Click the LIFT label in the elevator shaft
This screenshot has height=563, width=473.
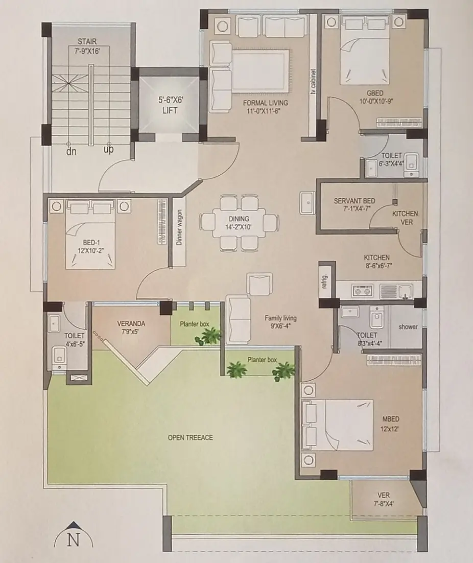coord(170,110)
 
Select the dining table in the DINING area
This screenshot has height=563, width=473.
coord(239,223)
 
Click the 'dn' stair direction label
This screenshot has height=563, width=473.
coord(71,152)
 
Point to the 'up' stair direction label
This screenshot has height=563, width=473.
coord(108,149)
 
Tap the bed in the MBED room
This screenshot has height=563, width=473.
coord(337,425)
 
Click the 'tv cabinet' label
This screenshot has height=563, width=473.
coord(313,82)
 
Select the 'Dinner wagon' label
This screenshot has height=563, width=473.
coord(179,227)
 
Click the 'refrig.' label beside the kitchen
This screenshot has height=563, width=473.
coord(325,281)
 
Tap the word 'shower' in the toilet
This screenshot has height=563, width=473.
coord(408,327)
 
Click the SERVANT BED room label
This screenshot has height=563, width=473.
coord(354,205)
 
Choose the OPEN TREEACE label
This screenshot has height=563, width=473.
coord(190,437)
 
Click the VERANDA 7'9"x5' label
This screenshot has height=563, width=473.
coord(131,327)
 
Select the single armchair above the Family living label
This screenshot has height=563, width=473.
coord(259,285)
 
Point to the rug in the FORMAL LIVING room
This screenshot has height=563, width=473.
coord(260,71)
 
